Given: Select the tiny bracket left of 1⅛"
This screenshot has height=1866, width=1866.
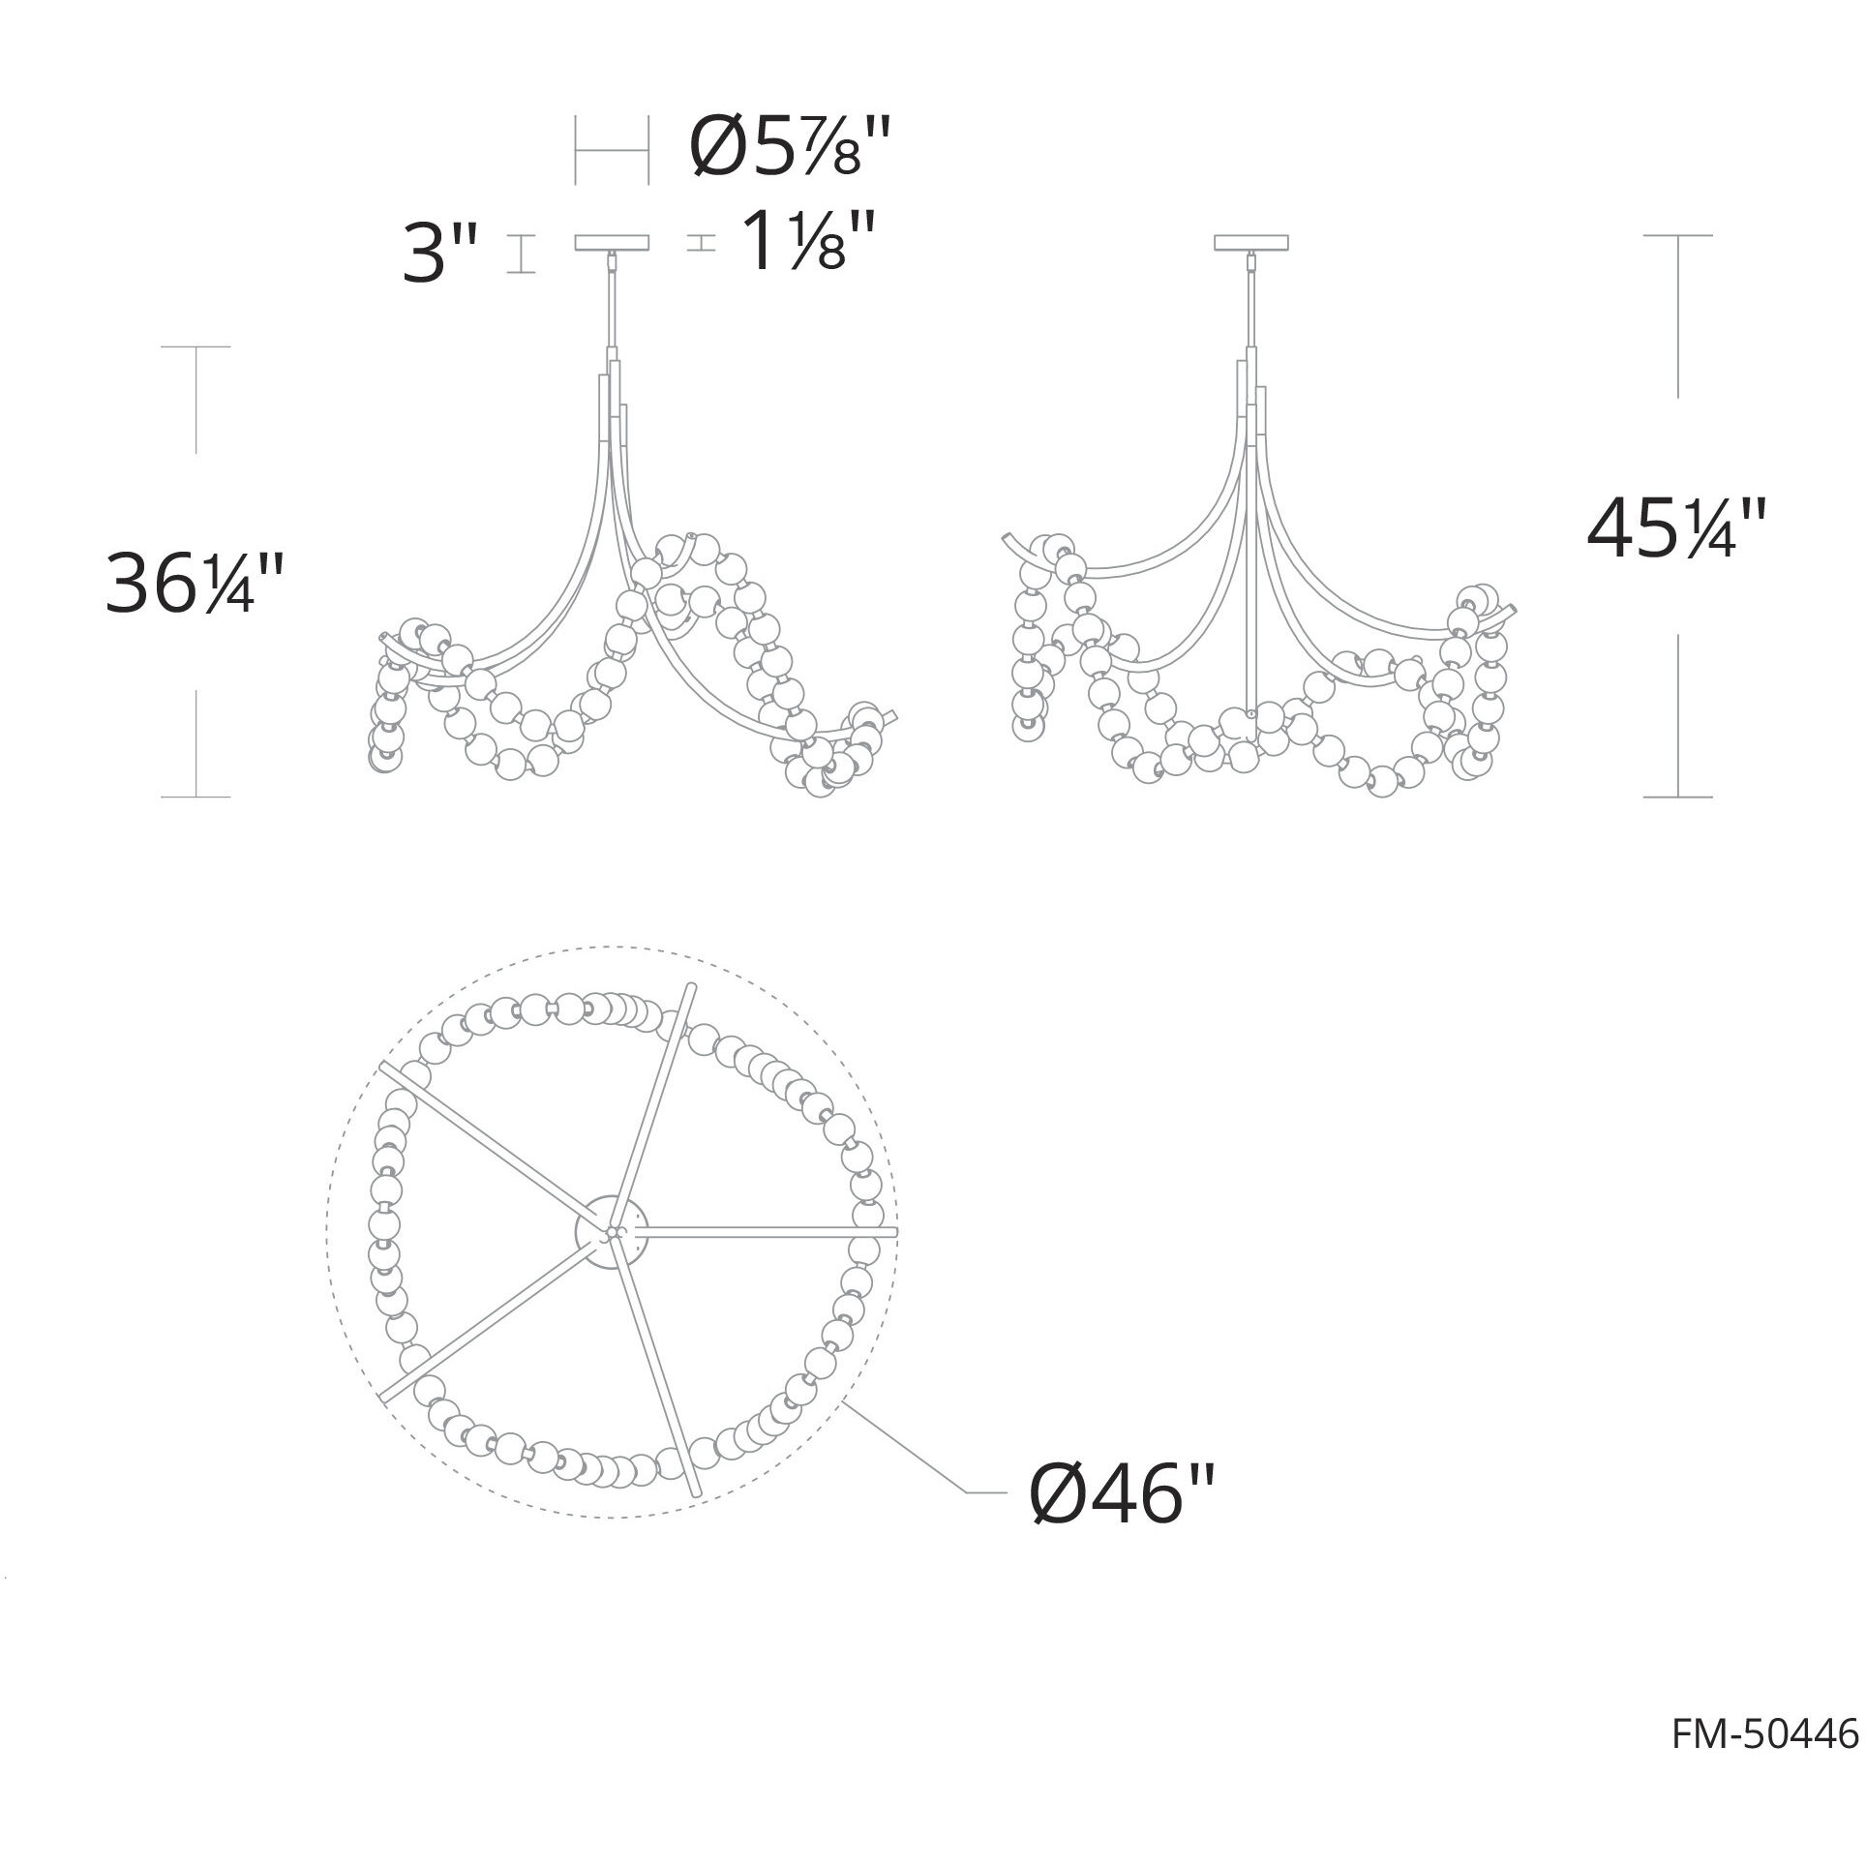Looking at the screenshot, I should click(701, 244).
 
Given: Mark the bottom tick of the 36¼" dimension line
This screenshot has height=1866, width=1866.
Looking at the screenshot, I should click(196, 797).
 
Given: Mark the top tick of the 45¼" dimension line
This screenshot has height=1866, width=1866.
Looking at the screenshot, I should click(1677, 235).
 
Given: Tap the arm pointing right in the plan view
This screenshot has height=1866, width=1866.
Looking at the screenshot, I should click(774, 1230).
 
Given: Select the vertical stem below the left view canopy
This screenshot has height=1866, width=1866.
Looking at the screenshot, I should click(611, 300).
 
